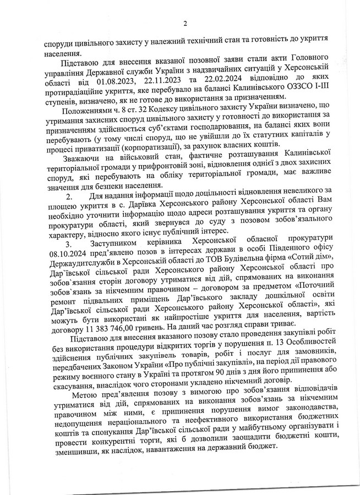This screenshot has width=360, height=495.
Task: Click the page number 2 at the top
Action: (186, 23)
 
